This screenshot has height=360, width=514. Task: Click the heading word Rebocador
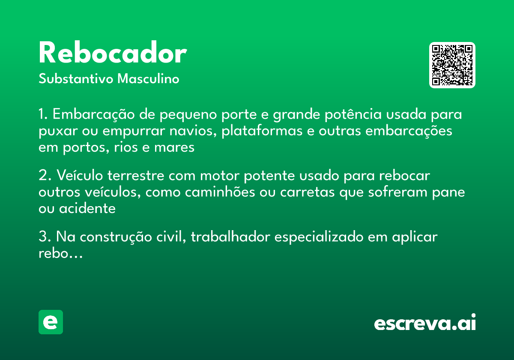tap(112, 54)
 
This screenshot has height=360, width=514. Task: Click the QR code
tap(452, 65)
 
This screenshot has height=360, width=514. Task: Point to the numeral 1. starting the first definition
tap(43, 115)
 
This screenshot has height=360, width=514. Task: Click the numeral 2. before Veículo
tap(45, 176)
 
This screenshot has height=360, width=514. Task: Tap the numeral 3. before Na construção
tap(45, 237)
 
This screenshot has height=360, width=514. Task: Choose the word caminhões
tap(220, 192)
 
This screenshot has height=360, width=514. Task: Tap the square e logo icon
tap(51, 322)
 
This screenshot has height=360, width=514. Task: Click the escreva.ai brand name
tap(425, 323)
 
